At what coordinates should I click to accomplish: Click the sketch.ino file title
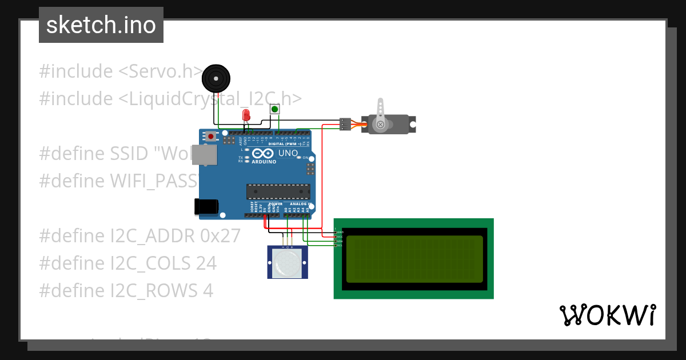click(x=101, y=25)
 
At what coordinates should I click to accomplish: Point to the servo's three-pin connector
click(x=345, y=124)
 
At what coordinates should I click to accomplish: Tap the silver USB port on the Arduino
click(x=204, y=155)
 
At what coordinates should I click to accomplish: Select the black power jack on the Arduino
click(x=206, y=206)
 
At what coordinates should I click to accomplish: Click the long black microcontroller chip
click(x=278, y=191)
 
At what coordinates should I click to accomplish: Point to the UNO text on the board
click(x=288, y=154)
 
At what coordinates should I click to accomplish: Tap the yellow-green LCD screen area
click(x=414, y=258)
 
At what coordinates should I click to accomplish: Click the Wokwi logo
click(x=607, y=315)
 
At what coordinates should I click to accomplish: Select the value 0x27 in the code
click(x=220, y=236)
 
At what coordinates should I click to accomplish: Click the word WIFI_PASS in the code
click(x=153, y=181)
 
